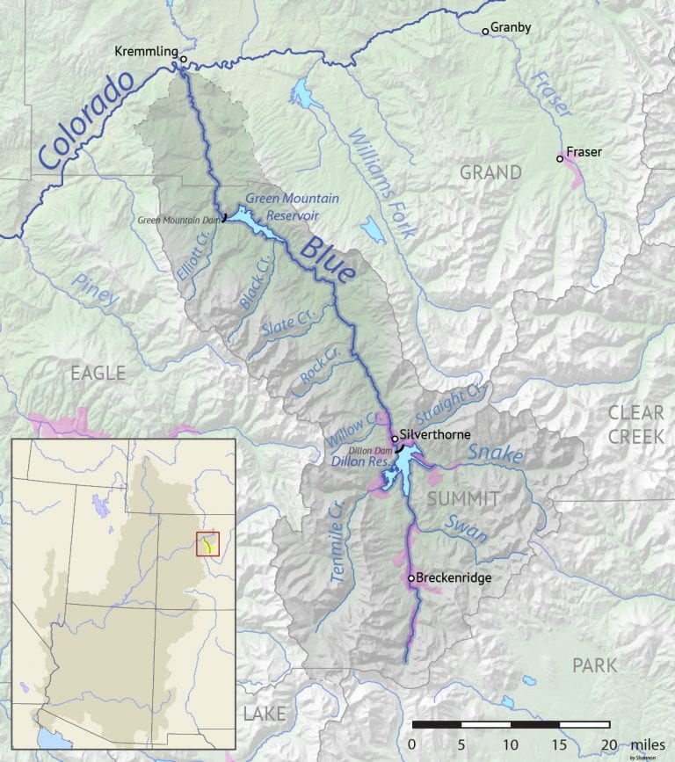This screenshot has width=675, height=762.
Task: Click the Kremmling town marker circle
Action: coord(184,60)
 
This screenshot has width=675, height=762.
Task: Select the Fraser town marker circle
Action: coord(560,159)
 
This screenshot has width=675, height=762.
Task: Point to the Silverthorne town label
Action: coord(437,434)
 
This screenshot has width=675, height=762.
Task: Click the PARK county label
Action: coord(594,665)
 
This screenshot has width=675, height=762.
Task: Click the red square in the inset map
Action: coord(206,544)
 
